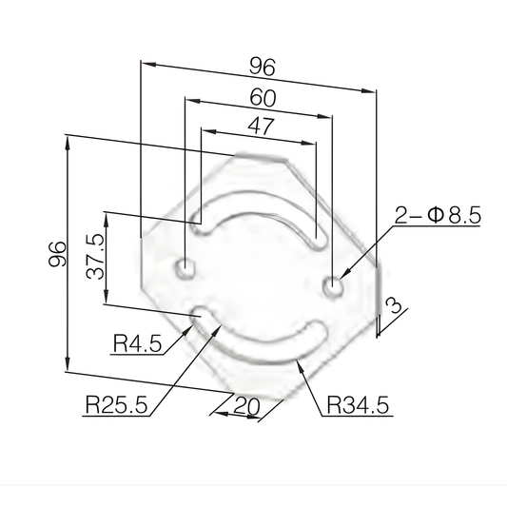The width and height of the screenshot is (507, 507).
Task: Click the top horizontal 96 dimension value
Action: point(262,67)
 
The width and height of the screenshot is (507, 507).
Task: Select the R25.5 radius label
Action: point(115,405)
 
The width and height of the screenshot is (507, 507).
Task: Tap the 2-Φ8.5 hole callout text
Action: point(439,216)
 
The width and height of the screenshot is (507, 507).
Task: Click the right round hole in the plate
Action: point(332,284)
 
